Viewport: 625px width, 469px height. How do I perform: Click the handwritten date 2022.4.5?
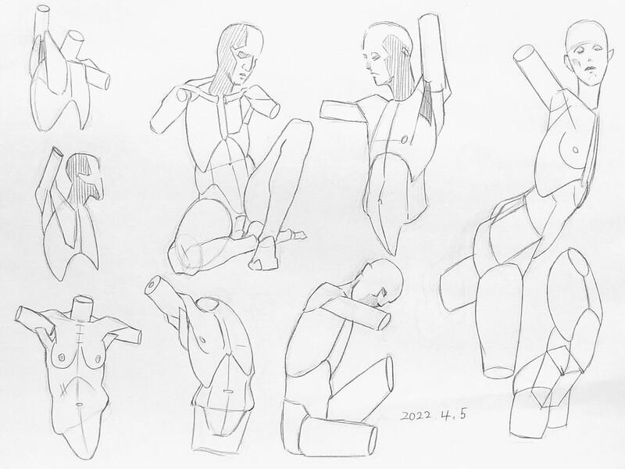[434, 415]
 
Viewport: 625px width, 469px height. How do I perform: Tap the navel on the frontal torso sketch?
[80, 405]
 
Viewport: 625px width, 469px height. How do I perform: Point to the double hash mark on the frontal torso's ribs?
[63, 389]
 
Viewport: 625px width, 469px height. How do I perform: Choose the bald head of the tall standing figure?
[587, 52]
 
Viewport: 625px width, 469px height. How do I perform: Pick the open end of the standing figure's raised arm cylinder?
[523, 54]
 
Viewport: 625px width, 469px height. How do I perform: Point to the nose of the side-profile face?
[367, 64]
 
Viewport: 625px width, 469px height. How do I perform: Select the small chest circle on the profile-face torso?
[404, 140]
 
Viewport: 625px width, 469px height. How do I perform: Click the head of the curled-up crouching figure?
[380, 282]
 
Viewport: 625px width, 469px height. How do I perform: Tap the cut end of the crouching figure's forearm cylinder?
[384, 321]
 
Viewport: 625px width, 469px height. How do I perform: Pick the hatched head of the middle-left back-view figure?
[84, 175]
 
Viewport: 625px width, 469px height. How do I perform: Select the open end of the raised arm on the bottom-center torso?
[152, 285]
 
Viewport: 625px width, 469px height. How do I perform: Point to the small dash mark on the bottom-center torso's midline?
[227, 392]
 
